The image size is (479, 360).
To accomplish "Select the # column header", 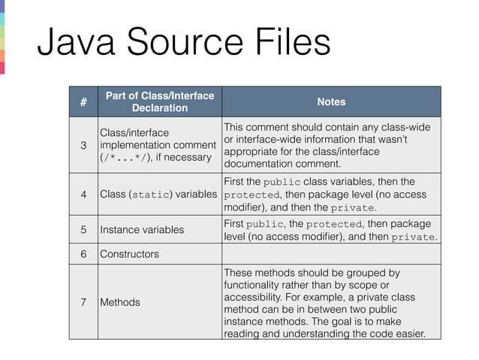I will pyautogui.click(x=83, y=102).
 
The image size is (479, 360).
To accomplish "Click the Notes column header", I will pyautogui.click(x=331, y=102).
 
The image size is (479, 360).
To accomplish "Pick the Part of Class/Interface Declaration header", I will pyautogui.click(x=159, y=102).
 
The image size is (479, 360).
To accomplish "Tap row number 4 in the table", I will pyautogui.click(x=83, y=195).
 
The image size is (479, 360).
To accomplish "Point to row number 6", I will pyautogui.click(x=83, y=254).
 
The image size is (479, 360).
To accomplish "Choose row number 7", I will pyautogui.click(x=83, y=302).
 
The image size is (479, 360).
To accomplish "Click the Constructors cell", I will pyautogui.click(x=129, y=254).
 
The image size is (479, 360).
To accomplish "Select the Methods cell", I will pyautogui.click(x=120, y=302).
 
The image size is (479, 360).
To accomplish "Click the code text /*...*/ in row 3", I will pyautogui.click(x=131, y=158).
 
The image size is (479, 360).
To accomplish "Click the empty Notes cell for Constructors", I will pyautogui.click(x=331, y=254).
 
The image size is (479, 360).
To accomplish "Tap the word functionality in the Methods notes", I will pyautogui.click(x=253, y=286).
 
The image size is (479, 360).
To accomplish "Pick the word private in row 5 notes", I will pyautogui.click(x=415, y=237).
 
